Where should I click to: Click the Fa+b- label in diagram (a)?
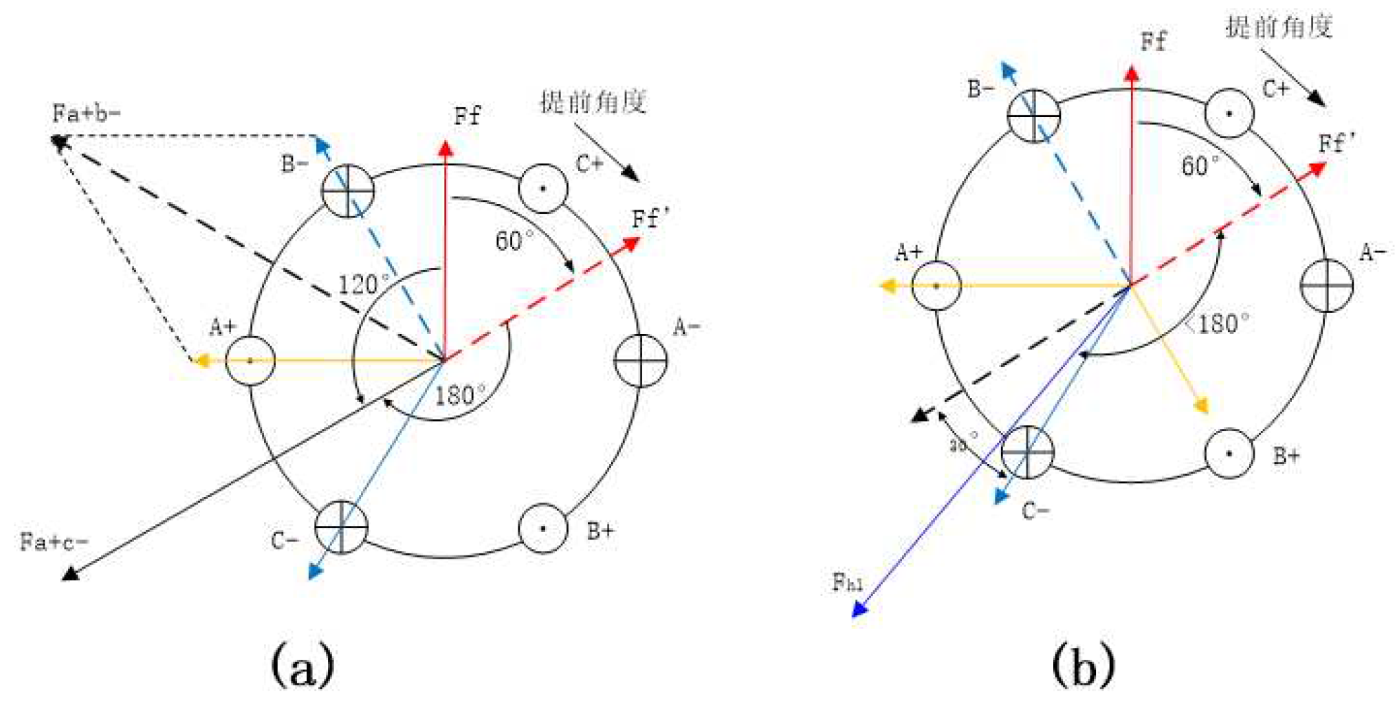pyautogui.click(x=87, y=113)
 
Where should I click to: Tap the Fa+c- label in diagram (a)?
pyautogui.click(x=54, y=542)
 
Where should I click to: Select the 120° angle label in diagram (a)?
pyautogui.click(x=364, y=284)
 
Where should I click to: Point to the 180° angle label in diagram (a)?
pyautogui.click(x=460, y=395)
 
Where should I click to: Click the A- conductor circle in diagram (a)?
pyautogui.click(x=640, y=361)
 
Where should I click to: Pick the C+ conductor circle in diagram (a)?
pyautogui.click(x=543, y=188)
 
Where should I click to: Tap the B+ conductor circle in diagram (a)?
pyautogui.click(x=543, y=529)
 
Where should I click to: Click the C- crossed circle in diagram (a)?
pyautogui.click(x=341, y=527)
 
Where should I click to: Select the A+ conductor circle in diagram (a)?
pyautogui.click(x=250, y=361)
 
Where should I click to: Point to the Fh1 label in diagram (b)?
pyautogui.click(x=847, y=583)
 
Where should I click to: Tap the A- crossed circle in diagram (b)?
pyautogui.click(x=1327, y=286)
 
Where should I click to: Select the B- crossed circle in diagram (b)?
pyautogui.click(x=1033, y=115)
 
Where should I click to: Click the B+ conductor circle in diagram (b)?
pyautogui.click(x=1229, y=453)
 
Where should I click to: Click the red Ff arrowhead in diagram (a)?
pyautogui.click(x=445, y=148)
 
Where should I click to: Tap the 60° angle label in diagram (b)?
pyautogui.click(x=1200, y=166)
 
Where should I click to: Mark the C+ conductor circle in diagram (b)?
pyautogui.click(x=1229, y=113)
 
